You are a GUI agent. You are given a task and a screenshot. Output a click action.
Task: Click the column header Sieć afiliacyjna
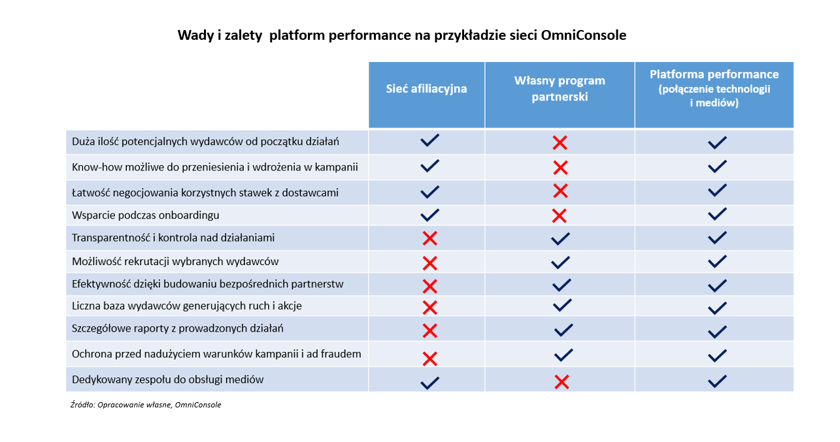pos(426,89)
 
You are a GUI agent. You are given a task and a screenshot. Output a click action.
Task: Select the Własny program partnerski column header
pos(560,89)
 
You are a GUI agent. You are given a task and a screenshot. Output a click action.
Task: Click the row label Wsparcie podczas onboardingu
pos(146,215)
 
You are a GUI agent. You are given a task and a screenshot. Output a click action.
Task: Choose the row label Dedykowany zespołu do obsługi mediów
pos(168,379)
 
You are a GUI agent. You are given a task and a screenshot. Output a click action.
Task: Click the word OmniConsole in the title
pos(584,35)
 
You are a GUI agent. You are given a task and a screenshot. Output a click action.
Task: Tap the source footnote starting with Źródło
pos(146,405)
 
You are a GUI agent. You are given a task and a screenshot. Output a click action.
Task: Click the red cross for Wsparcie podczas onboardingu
pos(559,215)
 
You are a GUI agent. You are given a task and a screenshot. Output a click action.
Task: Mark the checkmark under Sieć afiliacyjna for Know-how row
pos(429,166)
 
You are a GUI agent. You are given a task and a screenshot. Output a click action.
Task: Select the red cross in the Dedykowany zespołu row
pos(561,382)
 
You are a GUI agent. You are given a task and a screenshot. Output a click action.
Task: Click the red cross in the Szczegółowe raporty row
pos(429,330)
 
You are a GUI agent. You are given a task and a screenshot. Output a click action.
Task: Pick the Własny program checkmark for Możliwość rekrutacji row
pos(560,262)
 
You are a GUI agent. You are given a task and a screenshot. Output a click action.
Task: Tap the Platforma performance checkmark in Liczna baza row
pos(717,308)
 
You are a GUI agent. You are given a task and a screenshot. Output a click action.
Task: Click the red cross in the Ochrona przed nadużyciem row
pos(429,358)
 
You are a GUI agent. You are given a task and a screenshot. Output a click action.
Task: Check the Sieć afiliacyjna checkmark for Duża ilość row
pos(429,141)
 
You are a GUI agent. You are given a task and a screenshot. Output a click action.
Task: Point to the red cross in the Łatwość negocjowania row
pos(560,191)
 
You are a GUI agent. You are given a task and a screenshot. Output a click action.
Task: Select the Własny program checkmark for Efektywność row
pos(561,285)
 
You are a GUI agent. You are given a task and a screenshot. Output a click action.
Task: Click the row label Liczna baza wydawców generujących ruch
pos(187,306)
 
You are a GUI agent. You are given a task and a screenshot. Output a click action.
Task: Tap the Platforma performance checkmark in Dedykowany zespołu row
pos(717,381)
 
